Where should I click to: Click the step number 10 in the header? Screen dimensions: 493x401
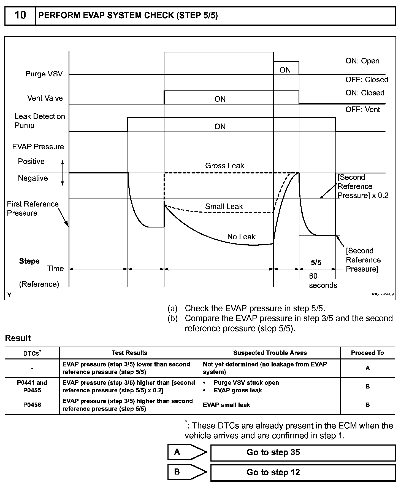[20, 15]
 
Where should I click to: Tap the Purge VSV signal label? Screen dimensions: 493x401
[44, 74]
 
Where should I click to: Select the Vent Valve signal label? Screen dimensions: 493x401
[45, 98]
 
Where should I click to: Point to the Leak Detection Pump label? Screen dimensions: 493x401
[39, 121]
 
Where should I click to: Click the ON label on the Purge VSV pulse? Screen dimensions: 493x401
[285, 70]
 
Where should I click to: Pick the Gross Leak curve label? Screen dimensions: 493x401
[224, 166]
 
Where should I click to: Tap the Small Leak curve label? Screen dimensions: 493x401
[224, 207]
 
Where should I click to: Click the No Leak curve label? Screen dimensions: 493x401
[241, 237]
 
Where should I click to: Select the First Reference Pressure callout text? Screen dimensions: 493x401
[32, 208]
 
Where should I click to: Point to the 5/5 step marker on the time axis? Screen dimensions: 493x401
[316, 262]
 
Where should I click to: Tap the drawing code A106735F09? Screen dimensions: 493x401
[383, 294]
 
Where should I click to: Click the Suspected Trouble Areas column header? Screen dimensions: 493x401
[270, 353]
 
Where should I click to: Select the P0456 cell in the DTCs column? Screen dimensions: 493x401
[32, 405]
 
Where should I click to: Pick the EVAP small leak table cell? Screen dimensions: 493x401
[226, 405]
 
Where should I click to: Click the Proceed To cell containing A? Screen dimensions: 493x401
[367, 368]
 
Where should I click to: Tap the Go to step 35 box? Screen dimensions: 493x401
[303, 452]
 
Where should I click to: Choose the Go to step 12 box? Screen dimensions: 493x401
[303, 472]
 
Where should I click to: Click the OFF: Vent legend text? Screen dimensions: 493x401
[362, 110]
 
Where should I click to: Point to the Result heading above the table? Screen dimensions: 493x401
[18, 338]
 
